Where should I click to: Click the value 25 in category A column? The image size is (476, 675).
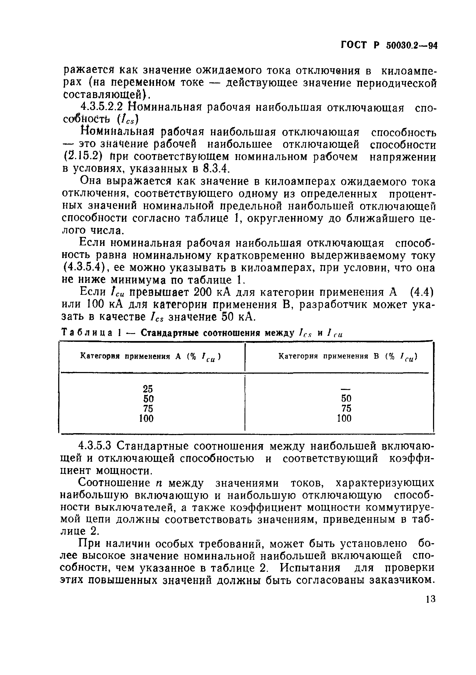pos(148,389)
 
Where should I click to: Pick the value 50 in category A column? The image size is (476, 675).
pos(148,399)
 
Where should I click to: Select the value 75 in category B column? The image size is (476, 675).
pos(346,408)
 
